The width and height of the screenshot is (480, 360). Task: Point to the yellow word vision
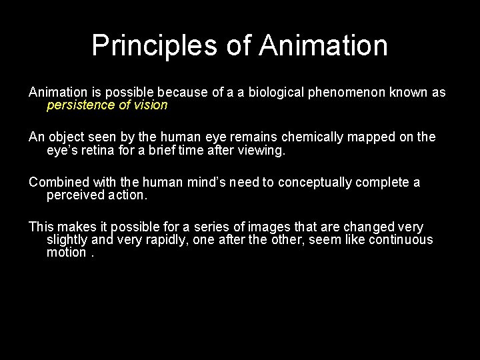tap(150, 105)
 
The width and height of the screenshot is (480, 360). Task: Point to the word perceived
tap(75, 195)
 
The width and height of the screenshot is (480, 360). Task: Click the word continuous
tap(401, 240)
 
